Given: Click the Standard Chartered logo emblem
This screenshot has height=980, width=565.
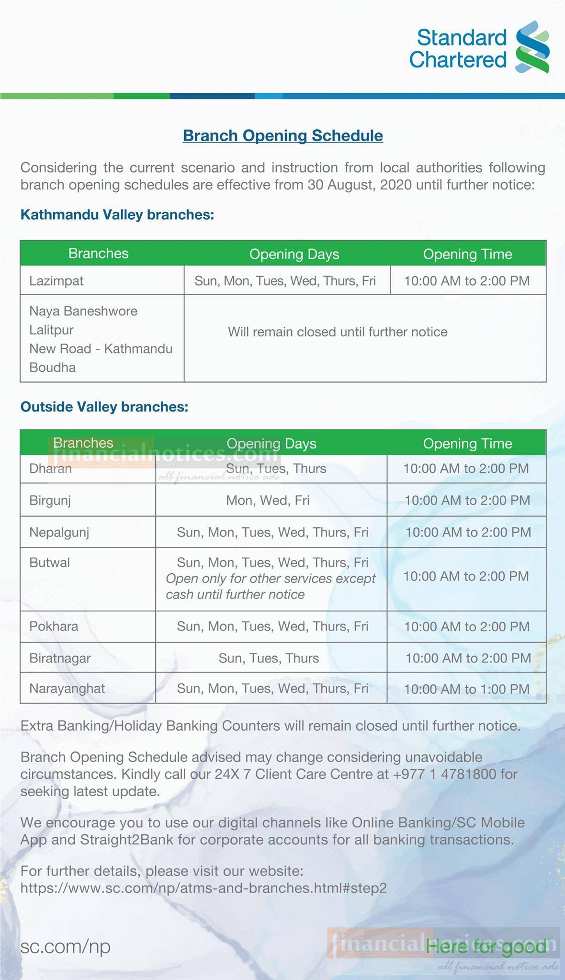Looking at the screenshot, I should coord(532,47).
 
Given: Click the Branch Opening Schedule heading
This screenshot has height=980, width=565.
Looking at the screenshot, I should coord(282,135).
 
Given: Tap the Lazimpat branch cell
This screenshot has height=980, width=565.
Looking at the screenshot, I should coord(56,280).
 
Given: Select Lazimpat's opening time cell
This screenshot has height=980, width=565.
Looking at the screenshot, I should coord(467,280).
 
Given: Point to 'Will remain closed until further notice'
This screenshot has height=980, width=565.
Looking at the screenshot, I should coord(338,332).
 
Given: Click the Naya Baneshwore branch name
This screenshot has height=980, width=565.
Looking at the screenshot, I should coord(83,311).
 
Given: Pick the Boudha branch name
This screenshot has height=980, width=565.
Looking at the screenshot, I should coord(53,367).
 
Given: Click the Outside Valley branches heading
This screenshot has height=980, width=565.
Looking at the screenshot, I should coord(104,407).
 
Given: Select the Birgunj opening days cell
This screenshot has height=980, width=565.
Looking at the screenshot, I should coord(268,501).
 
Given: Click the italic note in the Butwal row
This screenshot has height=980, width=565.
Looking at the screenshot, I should coord(271,587).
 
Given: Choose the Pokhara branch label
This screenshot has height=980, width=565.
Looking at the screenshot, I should coord(54,626).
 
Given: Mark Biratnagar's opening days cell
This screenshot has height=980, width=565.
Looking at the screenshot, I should coord(269,658).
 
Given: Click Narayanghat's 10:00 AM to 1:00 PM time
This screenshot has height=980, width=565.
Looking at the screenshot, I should coord(467,689).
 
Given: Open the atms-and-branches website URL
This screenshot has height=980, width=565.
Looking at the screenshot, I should coord(203,888).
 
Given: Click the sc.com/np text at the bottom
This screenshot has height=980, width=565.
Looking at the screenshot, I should coord(65,946).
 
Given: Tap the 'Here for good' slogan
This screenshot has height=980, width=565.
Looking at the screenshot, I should coord(486,946).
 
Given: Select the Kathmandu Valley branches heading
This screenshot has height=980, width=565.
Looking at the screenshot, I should coord(117,214).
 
